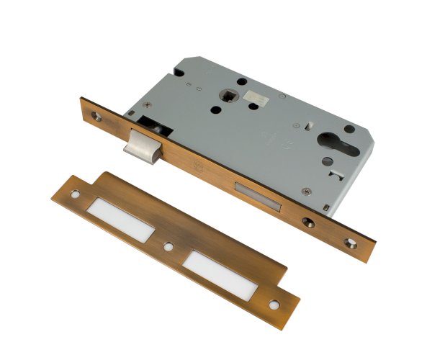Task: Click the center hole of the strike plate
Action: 168,247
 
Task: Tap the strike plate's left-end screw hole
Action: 76,193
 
